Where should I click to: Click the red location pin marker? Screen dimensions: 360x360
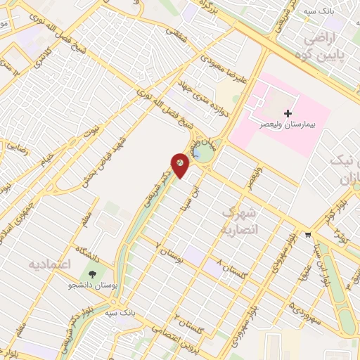click(181, 165)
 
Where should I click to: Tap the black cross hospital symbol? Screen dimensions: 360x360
click(288, 113)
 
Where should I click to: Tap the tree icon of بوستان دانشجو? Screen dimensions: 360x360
click(91, 274)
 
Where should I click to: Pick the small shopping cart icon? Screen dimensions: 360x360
click(308, 234)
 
